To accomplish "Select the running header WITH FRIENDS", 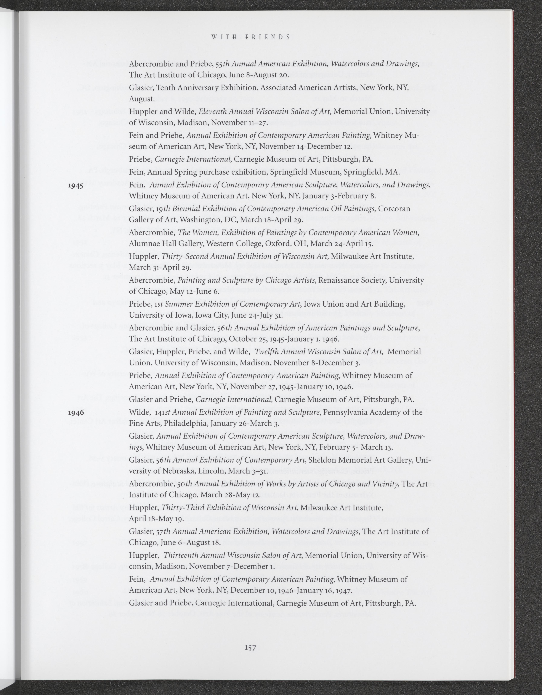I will (250, 37).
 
